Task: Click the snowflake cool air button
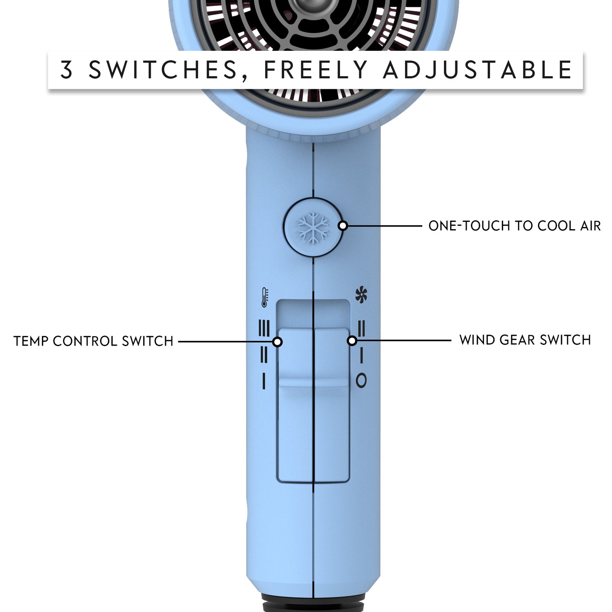(313, 227)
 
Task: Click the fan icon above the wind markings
(361, 295)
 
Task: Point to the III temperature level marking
(264, 328)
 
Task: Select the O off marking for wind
(361, 380)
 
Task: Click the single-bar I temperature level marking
(264, 381)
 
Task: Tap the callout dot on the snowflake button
(343, 226)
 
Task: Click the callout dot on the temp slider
(277, 341)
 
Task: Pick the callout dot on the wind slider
(352, 340)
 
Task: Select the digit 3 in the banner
(67, 70)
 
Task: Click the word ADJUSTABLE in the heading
(478, 70)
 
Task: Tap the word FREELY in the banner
(316, 70)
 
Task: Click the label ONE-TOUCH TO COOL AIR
(514, 226)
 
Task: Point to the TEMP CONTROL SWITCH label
(94, 341)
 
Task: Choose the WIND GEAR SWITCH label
(525, 340)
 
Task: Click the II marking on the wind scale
(361, 328)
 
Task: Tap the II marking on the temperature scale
(264, 354)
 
